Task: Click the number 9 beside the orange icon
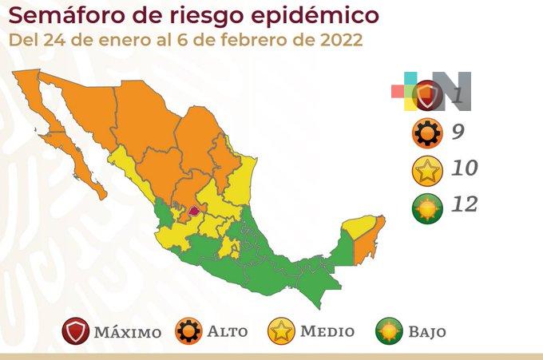pyautogui.click(x=458, y=132)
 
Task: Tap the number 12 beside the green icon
pyautogui.click(x=464, y=205)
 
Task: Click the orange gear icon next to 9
pyautogui.click(x=427, y=133)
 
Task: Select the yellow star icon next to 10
pyautogui.click(x=427, y=170)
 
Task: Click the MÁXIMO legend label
pyautogui.click(x=127, y=331)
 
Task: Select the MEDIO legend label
pyautogui.click(x=327, y=331)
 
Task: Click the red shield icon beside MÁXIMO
pyautogui.click(x=76, y=331)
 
